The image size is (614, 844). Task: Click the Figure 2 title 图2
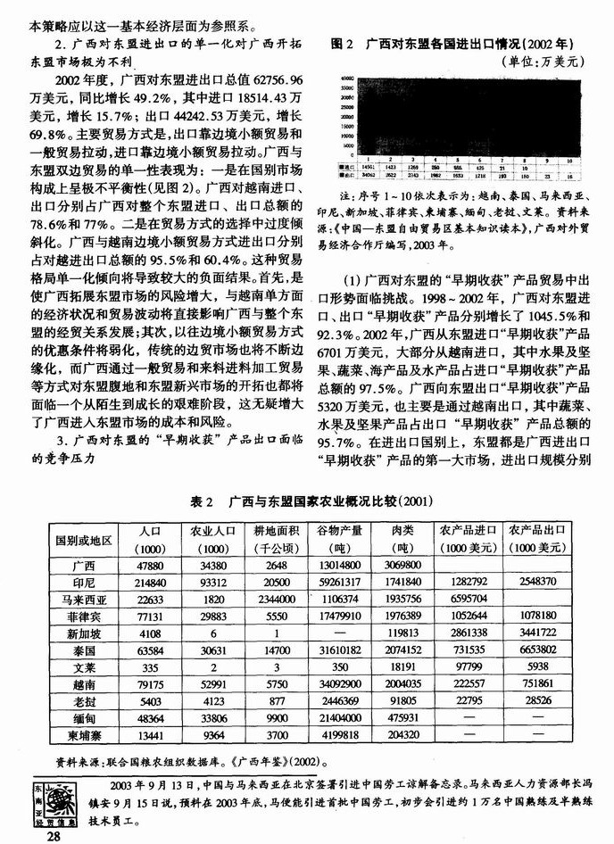pos(343,43)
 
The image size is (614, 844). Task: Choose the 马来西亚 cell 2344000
pos(275,611)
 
